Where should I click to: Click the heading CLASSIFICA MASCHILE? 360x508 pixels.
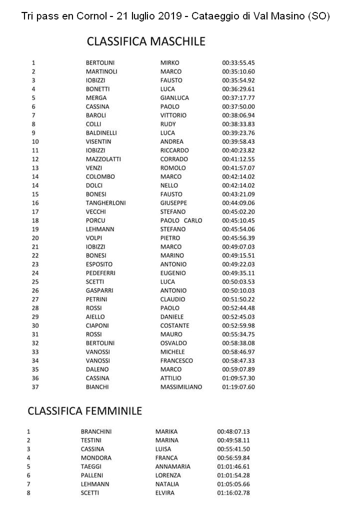(x=146, y=41)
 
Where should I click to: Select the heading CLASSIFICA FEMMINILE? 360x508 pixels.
(x=85, y=411)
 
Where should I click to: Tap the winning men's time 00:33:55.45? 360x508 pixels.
(x=238, y=63)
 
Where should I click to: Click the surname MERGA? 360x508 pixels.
(x=96, y=98)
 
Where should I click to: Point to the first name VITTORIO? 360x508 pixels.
(x=173, y=115)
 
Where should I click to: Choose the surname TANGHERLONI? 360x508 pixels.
(x=105, y=203)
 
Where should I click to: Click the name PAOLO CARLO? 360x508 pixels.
(x=181, y=220)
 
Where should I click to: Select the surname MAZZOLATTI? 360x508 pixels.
(x=103, y=159)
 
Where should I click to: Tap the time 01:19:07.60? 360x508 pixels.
(x=238, y=387)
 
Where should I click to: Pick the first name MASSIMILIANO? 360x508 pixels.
(x=181, y=387)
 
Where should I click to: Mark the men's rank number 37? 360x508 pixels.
(x=35, y=387)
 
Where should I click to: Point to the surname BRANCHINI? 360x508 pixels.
(x=96, y=432)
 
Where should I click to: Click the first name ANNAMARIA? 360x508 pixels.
(x=172, y=467)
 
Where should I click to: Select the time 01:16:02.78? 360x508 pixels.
(x=233, y=493)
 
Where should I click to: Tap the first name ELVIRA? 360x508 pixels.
(x=165, y=493)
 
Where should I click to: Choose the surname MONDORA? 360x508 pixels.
(x=96, y=458)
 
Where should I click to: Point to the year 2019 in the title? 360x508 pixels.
(x=170, y=16)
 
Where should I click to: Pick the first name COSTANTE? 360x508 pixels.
(x=174, y=326)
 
